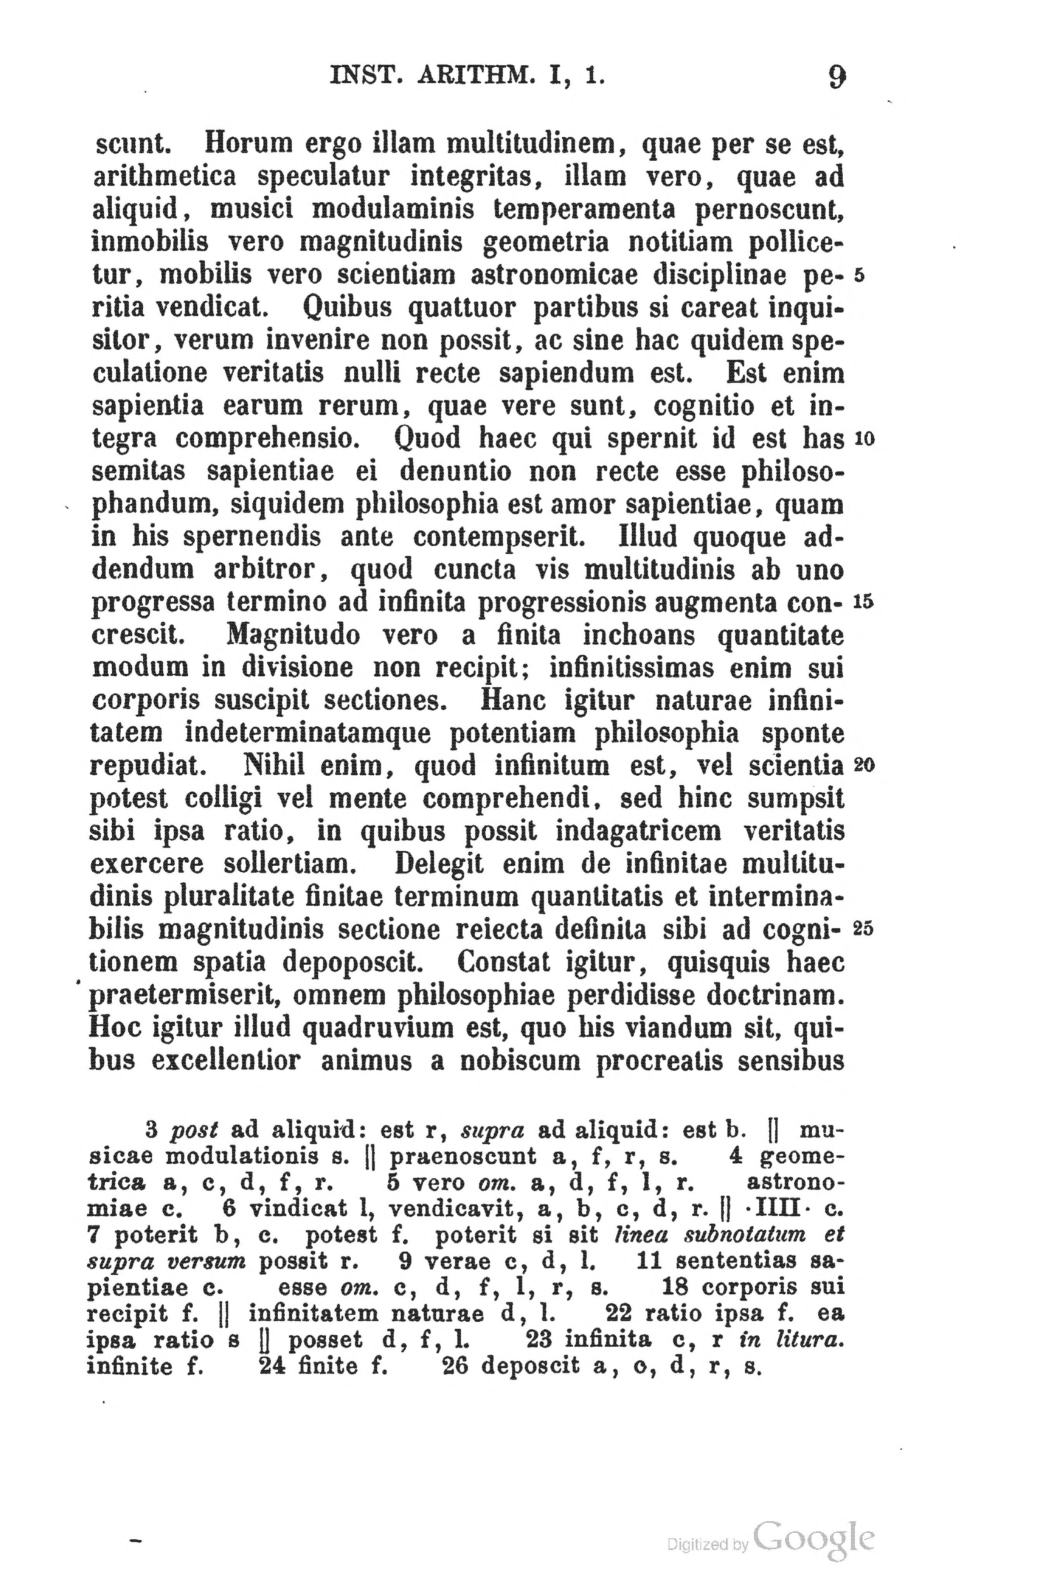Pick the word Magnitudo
tap(293, 634)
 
